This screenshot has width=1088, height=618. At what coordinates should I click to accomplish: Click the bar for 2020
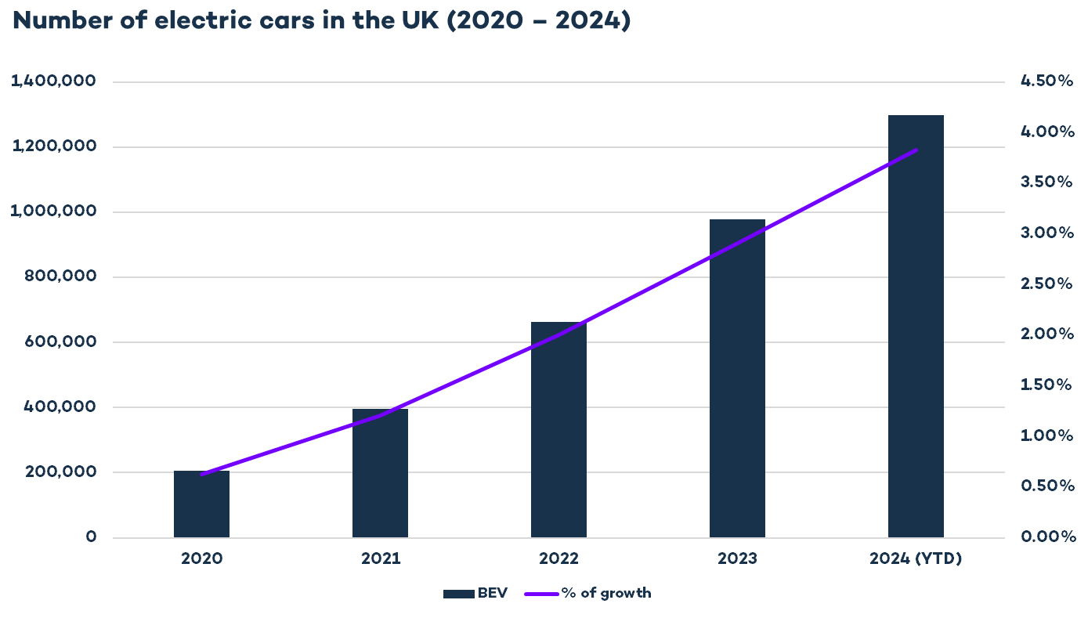pos(201,504)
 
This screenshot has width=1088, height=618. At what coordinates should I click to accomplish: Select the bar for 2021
pos(380,473)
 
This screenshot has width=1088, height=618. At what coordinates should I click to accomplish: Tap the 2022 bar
pos(558,430)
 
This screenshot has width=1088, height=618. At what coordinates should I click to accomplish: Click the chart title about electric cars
pos(322,21)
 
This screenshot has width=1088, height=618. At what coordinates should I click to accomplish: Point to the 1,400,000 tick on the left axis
pos(53,81)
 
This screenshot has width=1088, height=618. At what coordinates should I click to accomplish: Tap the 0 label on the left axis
pos(92,537)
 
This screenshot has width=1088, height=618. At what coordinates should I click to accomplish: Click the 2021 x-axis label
pos(380,559)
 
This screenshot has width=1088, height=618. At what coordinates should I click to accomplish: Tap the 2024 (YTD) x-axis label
pos(916,559)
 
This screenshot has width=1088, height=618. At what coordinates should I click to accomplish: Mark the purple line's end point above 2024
pos(916,150)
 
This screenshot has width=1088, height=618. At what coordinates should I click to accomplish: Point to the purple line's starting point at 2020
pos(202,475)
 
